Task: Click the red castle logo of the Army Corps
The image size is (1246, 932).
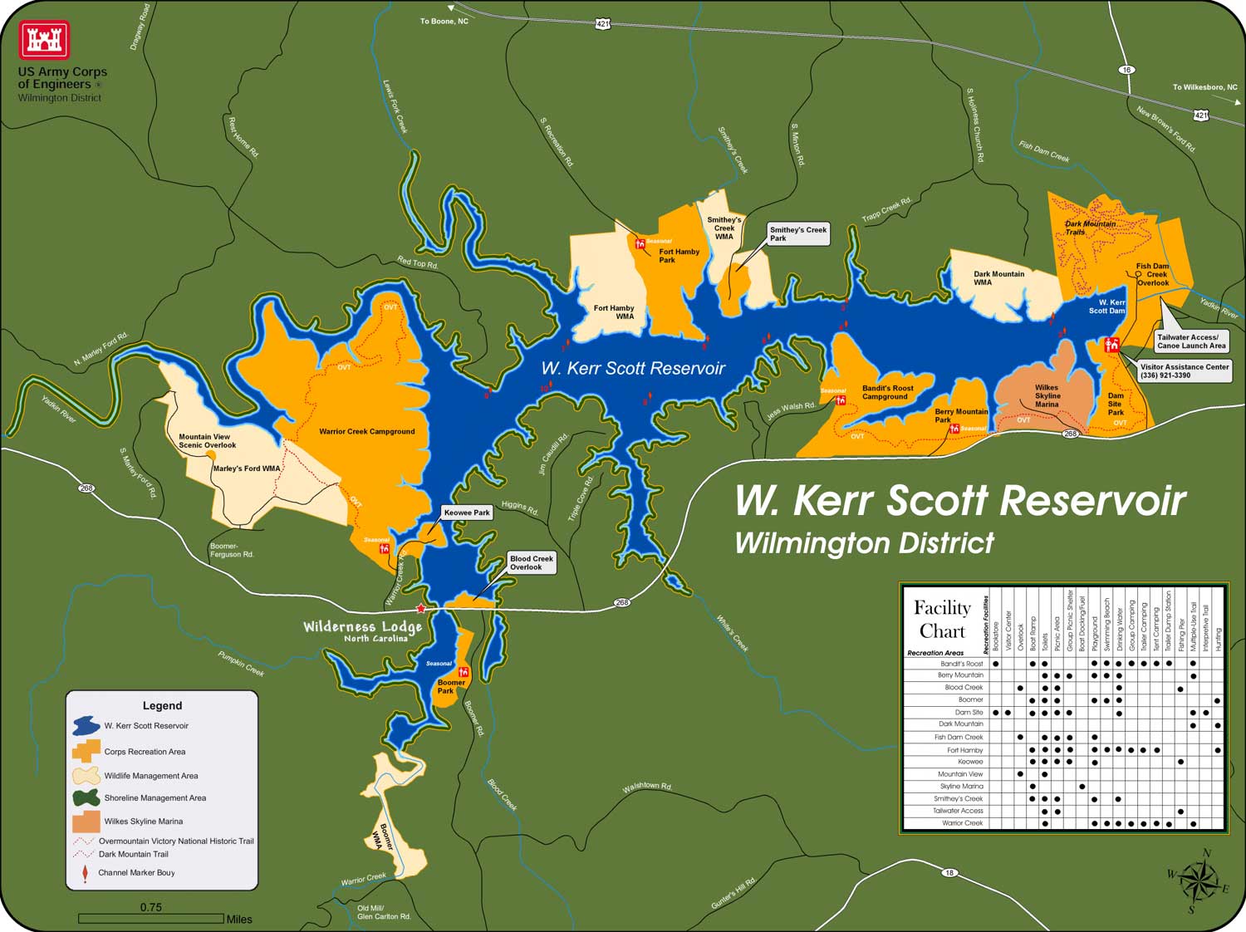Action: click(44, 40)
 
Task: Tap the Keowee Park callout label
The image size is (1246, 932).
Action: click(467, 513)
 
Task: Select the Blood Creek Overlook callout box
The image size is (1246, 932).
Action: click(531, 563)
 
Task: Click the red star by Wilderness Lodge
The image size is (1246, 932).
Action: click(421, 609)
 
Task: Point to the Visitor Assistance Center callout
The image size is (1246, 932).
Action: click(1184, 370)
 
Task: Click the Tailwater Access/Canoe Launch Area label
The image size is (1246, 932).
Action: click(1191, 341)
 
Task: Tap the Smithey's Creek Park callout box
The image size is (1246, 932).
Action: click(797, 234)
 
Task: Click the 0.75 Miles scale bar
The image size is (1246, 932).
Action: click(151, 919)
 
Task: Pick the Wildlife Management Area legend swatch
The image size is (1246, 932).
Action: click(86, 776)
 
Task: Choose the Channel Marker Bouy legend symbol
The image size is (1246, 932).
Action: click(85, 874)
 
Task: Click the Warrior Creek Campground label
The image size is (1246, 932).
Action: click(366, 432)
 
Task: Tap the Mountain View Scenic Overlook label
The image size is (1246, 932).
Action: click(207, 441)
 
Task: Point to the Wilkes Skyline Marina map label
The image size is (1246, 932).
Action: click(1047, 396)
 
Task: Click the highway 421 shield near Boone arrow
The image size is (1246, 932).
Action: click(602, 25)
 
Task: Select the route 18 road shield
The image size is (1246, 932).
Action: click(949, 873)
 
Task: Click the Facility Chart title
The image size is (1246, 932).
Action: click(942, 619)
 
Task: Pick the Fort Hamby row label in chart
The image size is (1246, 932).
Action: click(964, 750)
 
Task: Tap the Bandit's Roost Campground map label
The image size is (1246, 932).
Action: click(887, 392)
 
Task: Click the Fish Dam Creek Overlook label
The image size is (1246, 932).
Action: click(1152, 275)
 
